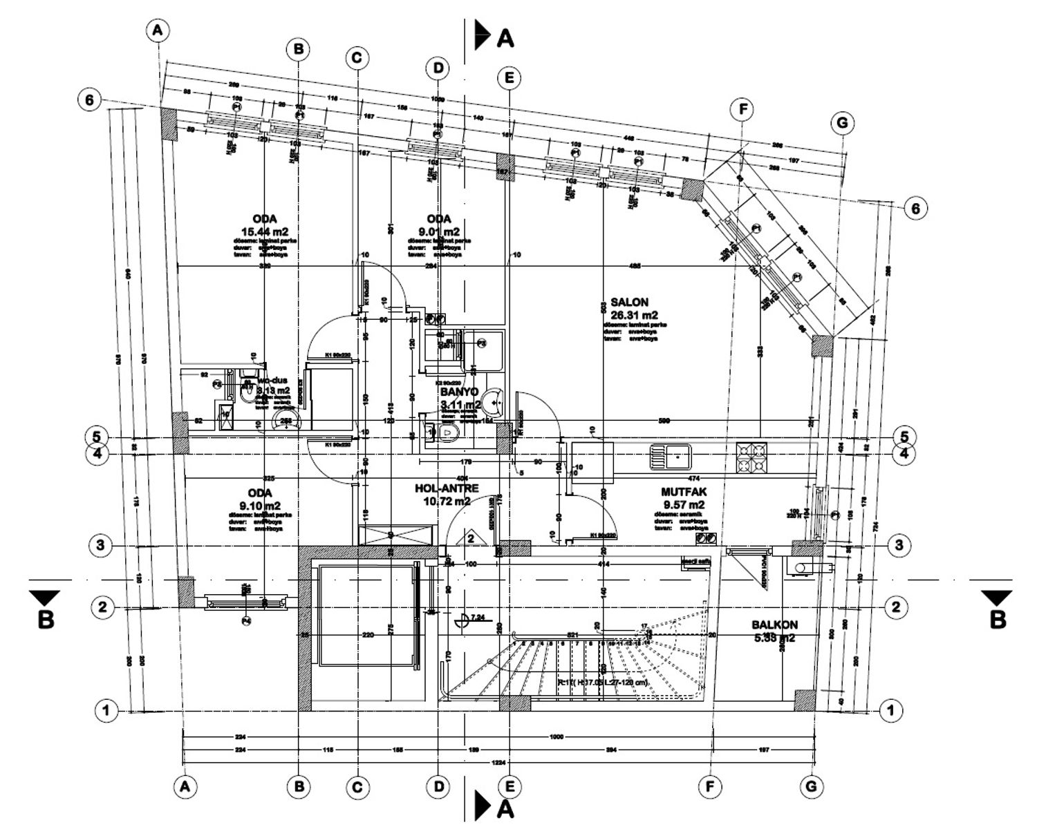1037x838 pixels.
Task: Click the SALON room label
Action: click(629, 303)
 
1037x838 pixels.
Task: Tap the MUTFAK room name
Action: click(683, 492)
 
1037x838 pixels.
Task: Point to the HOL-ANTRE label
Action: click(447, 488)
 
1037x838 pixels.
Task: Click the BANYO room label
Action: click(460, 392)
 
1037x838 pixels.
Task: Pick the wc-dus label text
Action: click(272, 380)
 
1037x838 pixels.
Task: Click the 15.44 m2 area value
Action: click(265, 231)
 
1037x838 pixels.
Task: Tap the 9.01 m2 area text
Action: click(438, 231)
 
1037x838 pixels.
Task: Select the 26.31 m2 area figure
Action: click(629, 315)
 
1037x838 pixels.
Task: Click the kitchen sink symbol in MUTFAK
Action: click(670, 456)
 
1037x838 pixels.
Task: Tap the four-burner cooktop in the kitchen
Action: click(751, 456)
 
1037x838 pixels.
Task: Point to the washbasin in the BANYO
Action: click(494, 399)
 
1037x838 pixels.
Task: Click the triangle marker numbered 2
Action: click(470, 537)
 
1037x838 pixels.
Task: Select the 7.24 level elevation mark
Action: click(476, 618)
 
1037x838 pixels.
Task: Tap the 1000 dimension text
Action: click(556, 737)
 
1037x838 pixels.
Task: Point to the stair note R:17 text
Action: click(601, 683)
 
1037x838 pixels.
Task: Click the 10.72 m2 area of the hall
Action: click(447, 501)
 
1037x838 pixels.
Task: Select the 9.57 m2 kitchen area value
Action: click(683, 504)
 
